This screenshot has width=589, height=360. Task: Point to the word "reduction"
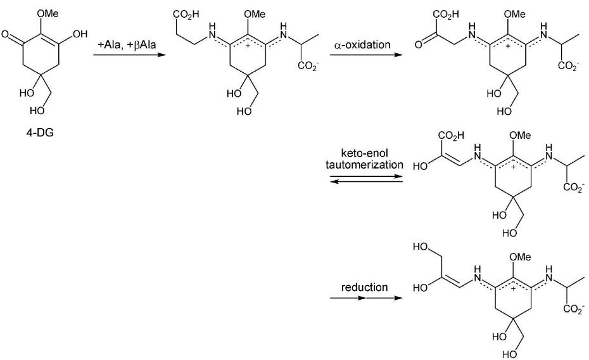click(364, 287)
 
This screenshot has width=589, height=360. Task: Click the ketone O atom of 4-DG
click(8, 35)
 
